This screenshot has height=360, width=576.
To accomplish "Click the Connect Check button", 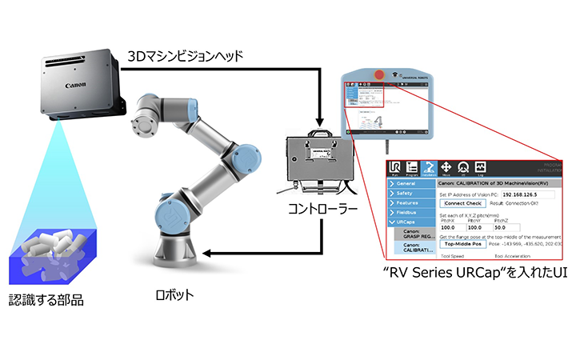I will click(464, 203).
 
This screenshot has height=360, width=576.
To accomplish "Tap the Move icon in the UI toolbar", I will click(446, 168).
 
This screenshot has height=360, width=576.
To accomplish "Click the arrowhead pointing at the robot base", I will click(205, 254).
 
